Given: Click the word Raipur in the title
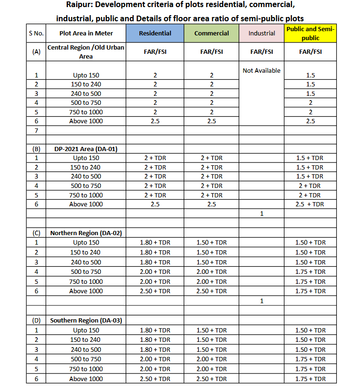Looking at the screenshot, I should [x=80, y=6].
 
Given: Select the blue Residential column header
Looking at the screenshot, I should [x=155, y=34].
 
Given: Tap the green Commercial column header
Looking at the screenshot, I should [x=212, y=34].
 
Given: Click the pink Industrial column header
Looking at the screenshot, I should [x=261, y=34].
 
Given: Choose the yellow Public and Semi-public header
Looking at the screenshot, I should [x=310, y=34].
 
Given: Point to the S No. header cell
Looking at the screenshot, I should [x=36, y=34].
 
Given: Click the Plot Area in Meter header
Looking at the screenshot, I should [x=86, y=34].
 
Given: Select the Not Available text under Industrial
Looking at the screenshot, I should [x=261, y=70].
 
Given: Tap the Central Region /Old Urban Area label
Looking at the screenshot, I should [x=86, y=52].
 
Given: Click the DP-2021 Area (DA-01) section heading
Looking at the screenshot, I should [x=86, y=149].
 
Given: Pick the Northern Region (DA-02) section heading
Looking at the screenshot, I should [x=86, y=233].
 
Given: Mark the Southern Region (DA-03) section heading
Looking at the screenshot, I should [x=86, y=320].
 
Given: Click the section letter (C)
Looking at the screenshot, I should [x=36, y=233].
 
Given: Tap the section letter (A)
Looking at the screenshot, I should [x=36, y=52].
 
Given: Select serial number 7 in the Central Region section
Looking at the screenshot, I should [x=36, y=130].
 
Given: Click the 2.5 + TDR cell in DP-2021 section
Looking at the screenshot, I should [x=310, y=204].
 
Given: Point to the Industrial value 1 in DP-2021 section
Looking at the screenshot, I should [x=261, y=213].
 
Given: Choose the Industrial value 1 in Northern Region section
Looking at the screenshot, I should [x=261, y=300].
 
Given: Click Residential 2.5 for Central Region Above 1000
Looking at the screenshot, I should [x=155, y=121].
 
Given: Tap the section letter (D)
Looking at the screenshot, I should [x=36, y=320].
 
